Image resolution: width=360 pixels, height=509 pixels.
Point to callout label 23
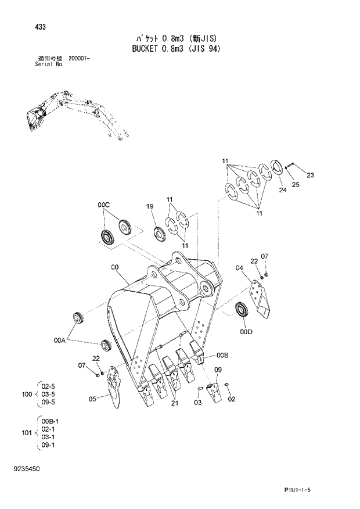310,175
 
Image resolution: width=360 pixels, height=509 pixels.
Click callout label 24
283,189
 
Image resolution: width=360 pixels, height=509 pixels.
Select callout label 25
296,185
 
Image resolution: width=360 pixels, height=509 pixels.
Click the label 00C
103,205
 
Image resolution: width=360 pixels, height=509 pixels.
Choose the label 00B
223,354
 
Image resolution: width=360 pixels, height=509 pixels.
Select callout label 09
218,370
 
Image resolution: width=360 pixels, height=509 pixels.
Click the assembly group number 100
26,395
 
